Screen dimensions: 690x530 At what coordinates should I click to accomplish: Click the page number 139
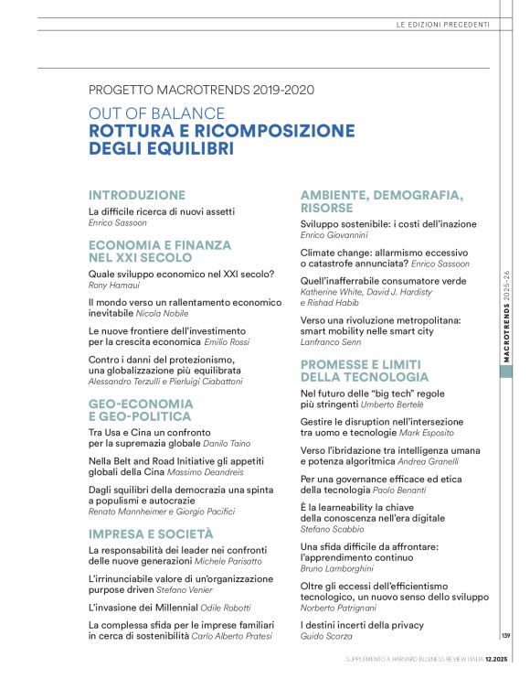coord(505,636)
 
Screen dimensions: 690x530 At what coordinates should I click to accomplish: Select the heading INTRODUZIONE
coord(137,195)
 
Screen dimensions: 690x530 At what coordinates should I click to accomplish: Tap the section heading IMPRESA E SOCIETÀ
coord(151,533)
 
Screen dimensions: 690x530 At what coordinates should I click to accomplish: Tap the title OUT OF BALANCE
coord(156,113)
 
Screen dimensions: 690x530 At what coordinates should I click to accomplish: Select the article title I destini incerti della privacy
coord(362,624)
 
